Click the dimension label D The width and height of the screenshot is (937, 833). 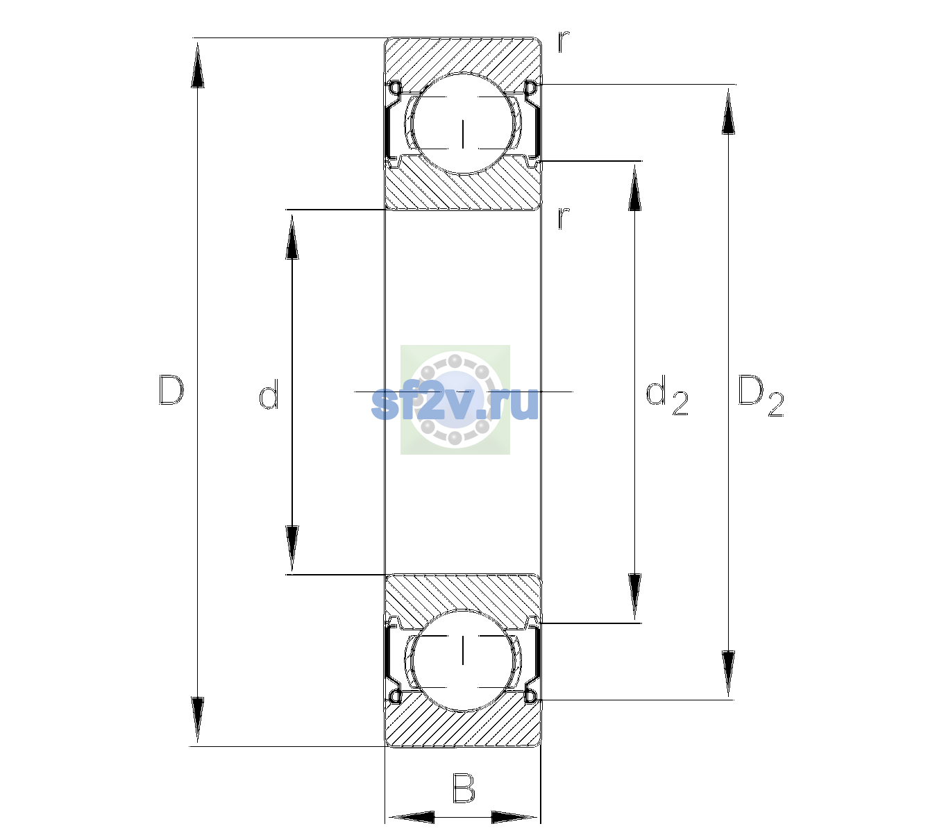click(171, 390)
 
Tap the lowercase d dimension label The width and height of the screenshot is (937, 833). click(269, 394)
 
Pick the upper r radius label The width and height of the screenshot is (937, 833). click(564, 41)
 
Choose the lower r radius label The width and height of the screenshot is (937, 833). click(564, 218)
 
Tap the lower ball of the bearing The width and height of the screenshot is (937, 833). click(463, 660)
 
